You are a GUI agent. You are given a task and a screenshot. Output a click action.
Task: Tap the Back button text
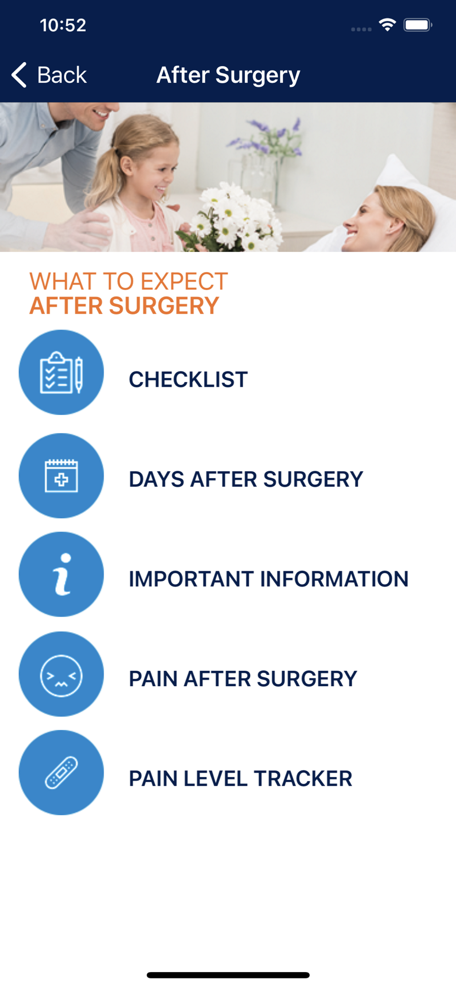tap(62, 75)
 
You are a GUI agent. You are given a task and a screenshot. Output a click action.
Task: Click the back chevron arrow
tap(19, 75)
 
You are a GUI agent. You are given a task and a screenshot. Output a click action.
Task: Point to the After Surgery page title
tap(228, 76)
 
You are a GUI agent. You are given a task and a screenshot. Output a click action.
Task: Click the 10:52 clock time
tap(63, 25)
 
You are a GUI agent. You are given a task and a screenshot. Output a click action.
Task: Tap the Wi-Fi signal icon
tap(387, 25)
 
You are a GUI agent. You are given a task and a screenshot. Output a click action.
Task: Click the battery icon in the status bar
tap(418, 25)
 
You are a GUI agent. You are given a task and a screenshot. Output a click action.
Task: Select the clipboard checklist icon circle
tap(61, 372)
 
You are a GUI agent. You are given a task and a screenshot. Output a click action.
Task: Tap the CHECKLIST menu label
tap(188, 379)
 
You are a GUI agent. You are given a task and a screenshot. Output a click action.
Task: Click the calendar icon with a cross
tap(61, 475)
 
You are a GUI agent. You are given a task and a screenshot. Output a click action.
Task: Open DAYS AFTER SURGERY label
tap(246, 479)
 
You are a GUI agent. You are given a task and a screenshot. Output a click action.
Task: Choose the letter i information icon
tap(61, 574)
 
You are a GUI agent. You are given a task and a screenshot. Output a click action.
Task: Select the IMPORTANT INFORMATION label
tap(268, 579)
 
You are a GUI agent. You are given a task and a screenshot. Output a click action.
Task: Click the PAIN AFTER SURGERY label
tap(243, 679)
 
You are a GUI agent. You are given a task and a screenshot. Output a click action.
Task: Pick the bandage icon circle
tap(61, 773)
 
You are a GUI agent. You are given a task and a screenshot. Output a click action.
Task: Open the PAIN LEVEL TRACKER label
tap(240, 779)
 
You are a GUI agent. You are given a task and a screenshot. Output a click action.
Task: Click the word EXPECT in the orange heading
tap(184, 282)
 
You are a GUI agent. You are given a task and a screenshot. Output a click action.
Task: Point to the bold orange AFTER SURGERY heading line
tap(124, 306)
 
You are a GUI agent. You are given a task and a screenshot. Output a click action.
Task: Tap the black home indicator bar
tap(228, 975)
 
